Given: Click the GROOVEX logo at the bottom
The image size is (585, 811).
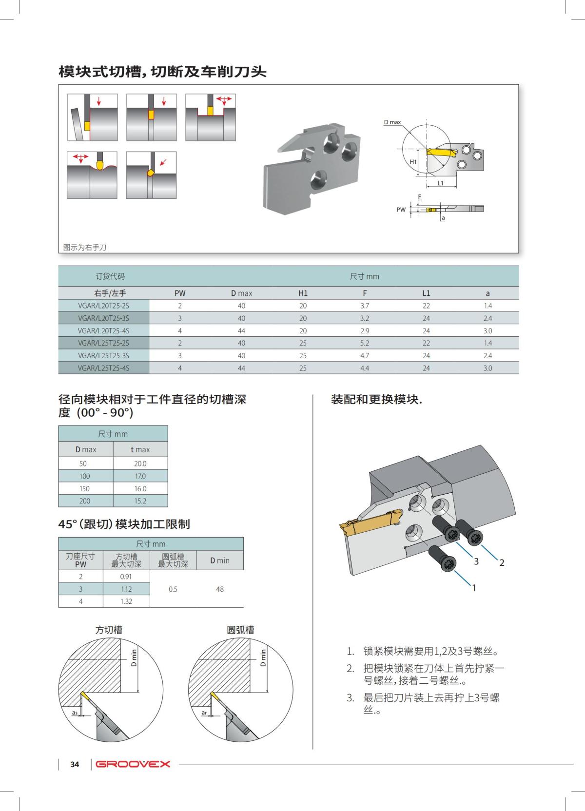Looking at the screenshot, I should [x=133, y=764].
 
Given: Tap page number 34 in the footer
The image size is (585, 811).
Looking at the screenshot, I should [x=75, y=764].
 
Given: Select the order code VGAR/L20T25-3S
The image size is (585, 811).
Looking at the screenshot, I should [x=103, y=318].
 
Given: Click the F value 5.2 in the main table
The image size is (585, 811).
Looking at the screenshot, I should [x=365, y=343].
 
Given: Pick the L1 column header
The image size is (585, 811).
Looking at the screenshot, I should [x=426, y=293].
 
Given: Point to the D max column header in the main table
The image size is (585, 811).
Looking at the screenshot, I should [x=241, y=293].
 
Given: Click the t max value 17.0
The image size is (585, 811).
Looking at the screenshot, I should [x=140, y=476].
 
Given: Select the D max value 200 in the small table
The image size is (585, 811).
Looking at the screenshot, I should [x=85, y=501].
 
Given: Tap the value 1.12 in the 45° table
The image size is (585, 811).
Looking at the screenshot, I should [x=126, y=589].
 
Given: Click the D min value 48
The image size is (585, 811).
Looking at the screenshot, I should [x=220, y=589].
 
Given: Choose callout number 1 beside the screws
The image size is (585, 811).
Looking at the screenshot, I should [x=473, y=588].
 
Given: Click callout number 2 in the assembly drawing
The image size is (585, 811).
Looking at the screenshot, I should [x=502, y=563].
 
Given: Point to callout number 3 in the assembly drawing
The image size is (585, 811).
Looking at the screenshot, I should [x=476, y=561].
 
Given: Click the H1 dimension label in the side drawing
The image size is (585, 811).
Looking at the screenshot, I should [x=413, y=161].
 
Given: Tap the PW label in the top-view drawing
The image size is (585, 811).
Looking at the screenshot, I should [x=401, y=210].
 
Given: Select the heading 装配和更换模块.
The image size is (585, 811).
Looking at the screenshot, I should [x=376, y=400].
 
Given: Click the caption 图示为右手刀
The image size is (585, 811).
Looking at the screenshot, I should [x=85, y=248].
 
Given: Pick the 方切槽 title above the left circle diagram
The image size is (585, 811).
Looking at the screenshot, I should [x=109, y=630].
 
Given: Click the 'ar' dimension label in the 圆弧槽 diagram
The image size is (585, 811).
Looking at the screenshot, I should [x=204, y=713].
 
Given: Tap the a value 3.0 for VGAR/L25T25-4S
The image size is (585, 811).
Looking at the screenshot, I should [x=487, y=368].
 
